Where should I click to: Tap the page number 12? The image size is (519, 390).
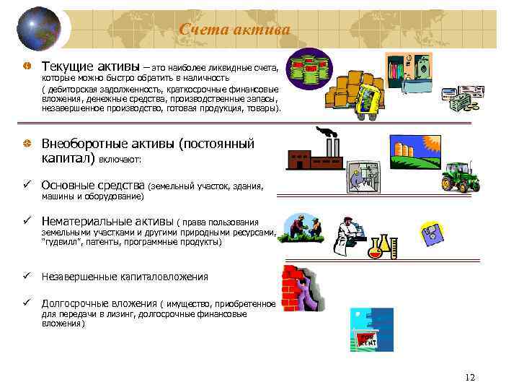(471, 378)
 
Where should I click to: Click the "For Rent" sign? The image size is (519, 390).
(368, 340)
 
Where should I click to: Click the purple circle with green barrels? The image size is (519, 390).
(310, 69)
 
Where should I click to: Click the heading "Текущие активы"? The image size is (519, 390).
(91, 66)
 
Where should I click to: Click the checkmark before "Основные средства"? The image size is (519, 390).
(26, 186)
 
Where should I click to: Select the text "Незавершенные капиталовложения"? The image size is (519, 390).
(125, 277)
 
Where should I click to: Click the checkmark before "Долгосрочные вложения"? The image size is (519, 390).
(26, 303)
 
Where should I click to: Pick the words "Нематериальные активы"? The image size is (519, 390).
(107, 222)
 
